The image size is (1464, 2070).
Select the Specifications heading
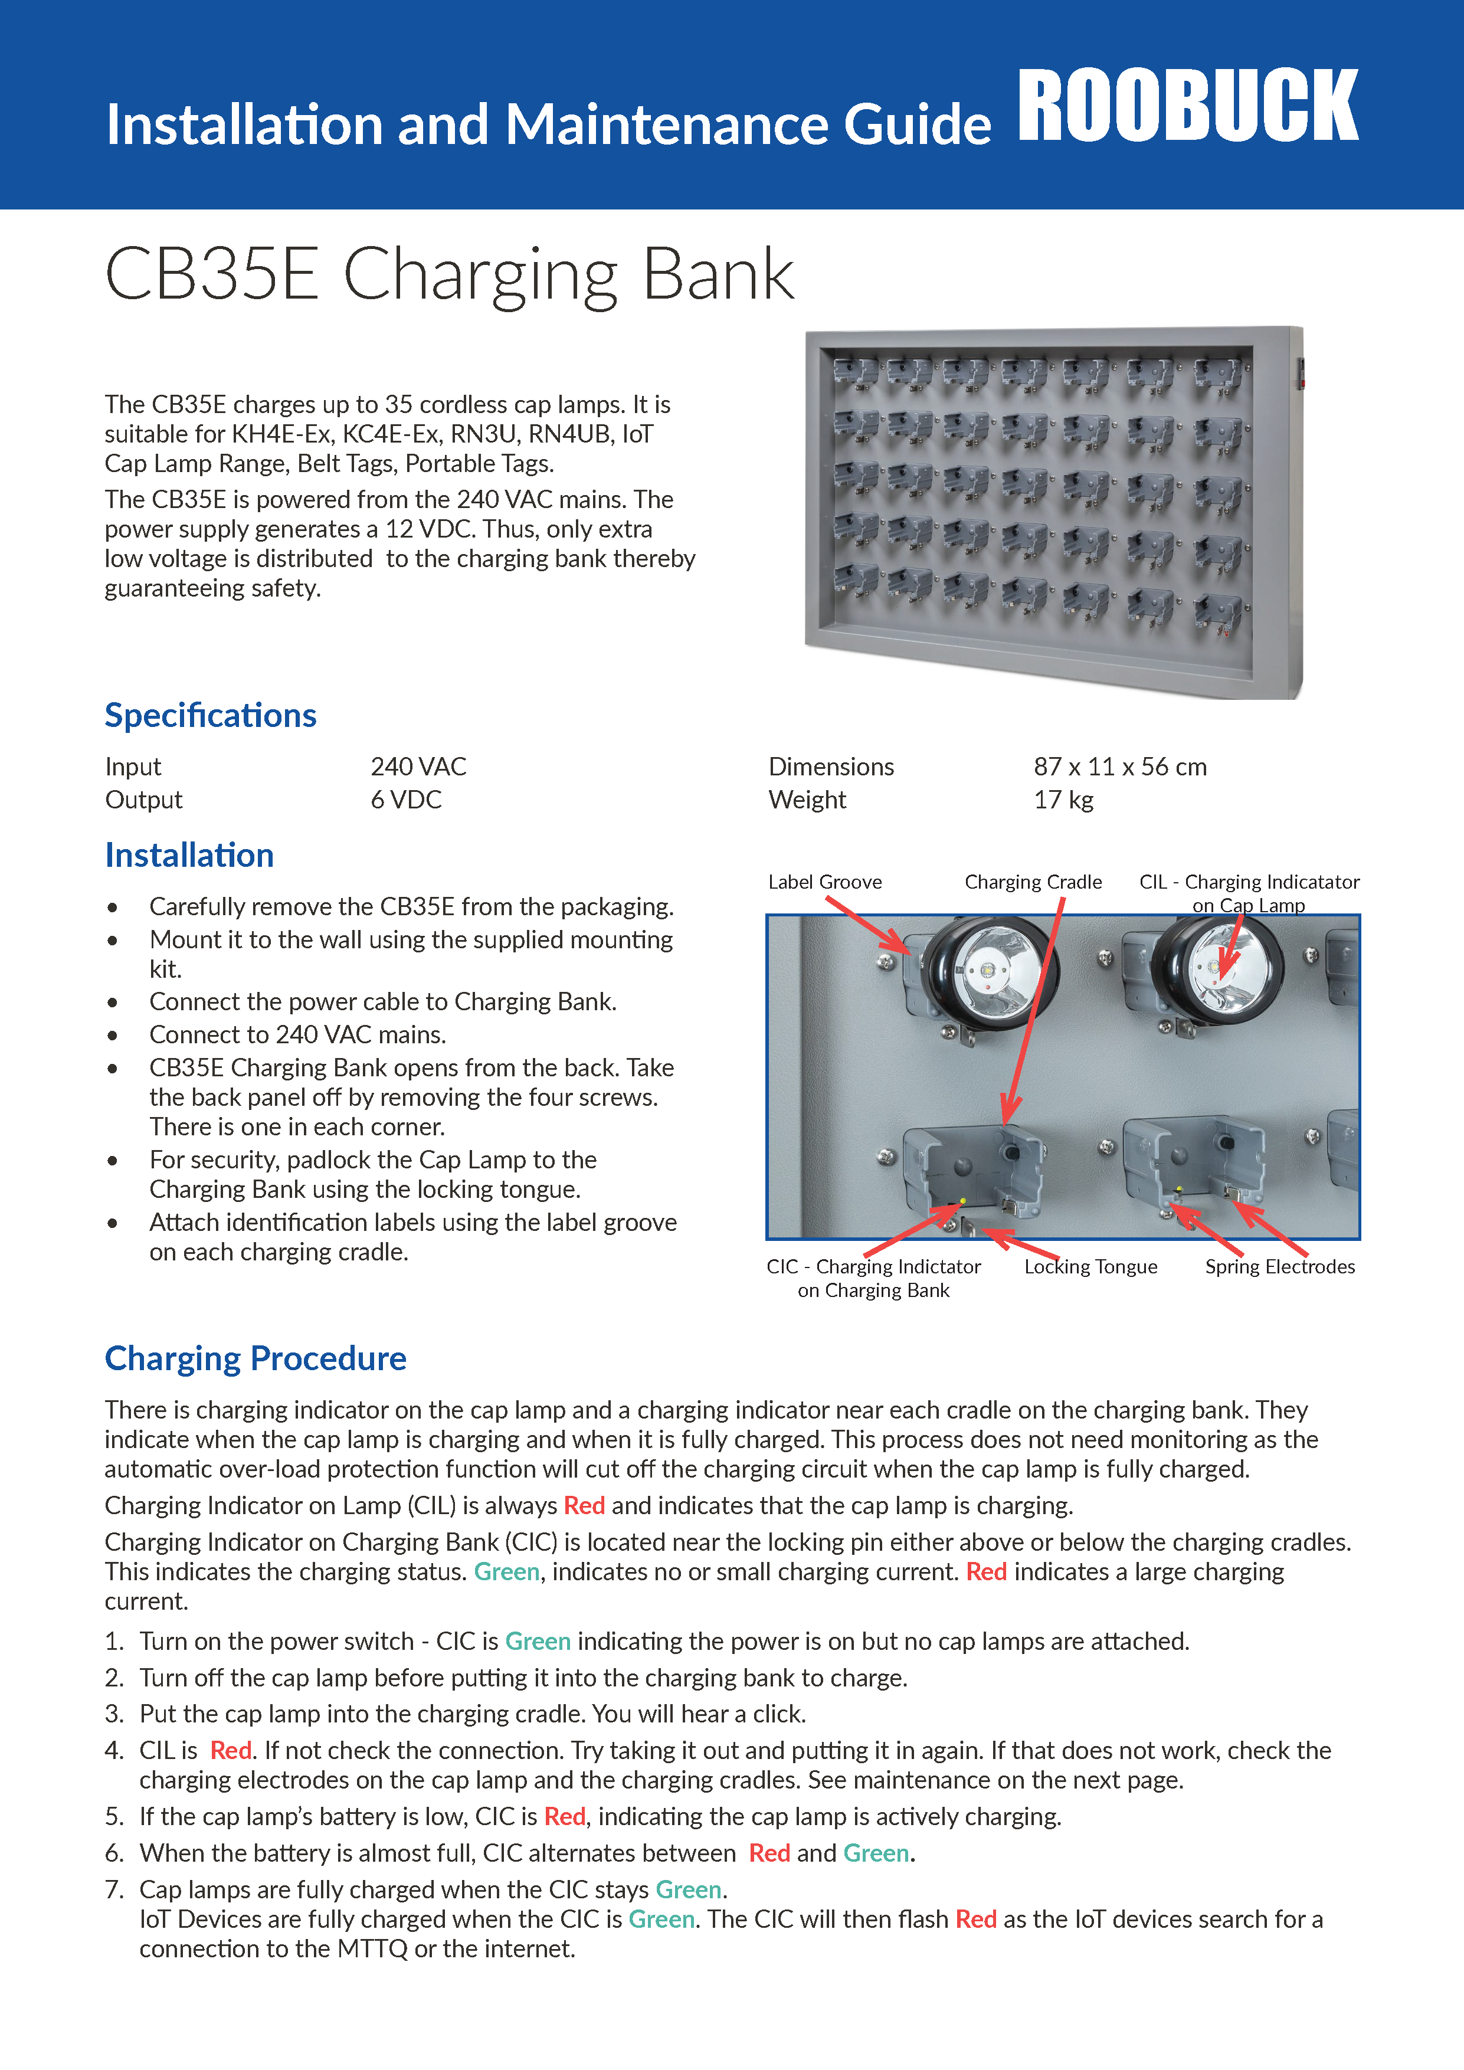click(210, 716)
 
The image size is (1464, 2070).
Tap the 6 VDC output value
click(405, 800)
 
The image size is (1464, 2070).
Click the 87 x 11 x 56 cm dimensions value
click(1119, 767)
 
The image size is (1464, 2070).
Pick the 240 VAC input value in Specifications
click(418, 767)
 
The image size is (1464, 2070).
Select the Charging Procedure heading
click(255, 1359)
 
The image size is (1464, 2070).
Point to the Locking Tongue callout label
click(1091, 1267)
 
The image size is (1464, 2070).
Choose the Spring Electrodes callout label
click(1280, 1267)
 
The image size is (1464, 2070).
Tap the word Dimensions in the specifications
click(831, 767)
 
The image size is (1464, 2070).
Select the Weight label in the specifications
click(807, 800)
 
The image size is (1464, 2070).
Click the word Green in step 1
click(538, 1642)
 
